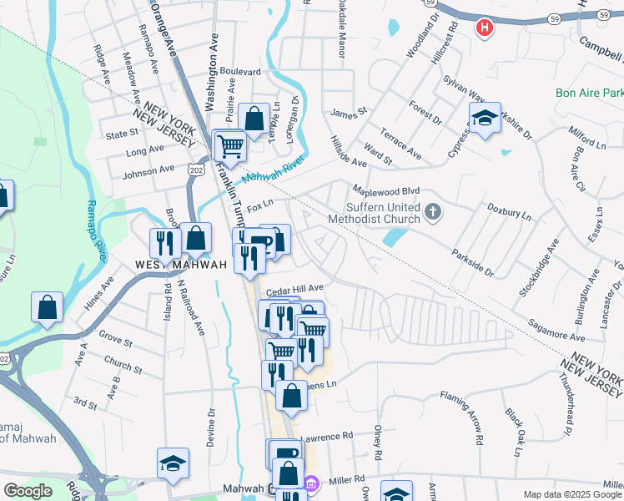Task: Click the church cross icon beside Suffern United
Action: coord(432,212)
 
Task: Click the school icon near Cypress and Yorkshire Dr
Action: coord(484,119)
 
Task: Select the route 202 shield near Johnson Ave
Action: coord(197,170)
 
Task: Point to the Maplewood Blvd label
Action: coord(385,190)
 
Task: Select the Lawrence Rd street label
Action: coord(327,437)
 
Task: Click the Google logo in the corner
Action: coord(28,491)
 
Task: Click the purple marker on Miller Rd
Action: coord(311,483)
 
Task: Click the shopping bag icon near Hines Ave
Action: coord(48,306)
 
